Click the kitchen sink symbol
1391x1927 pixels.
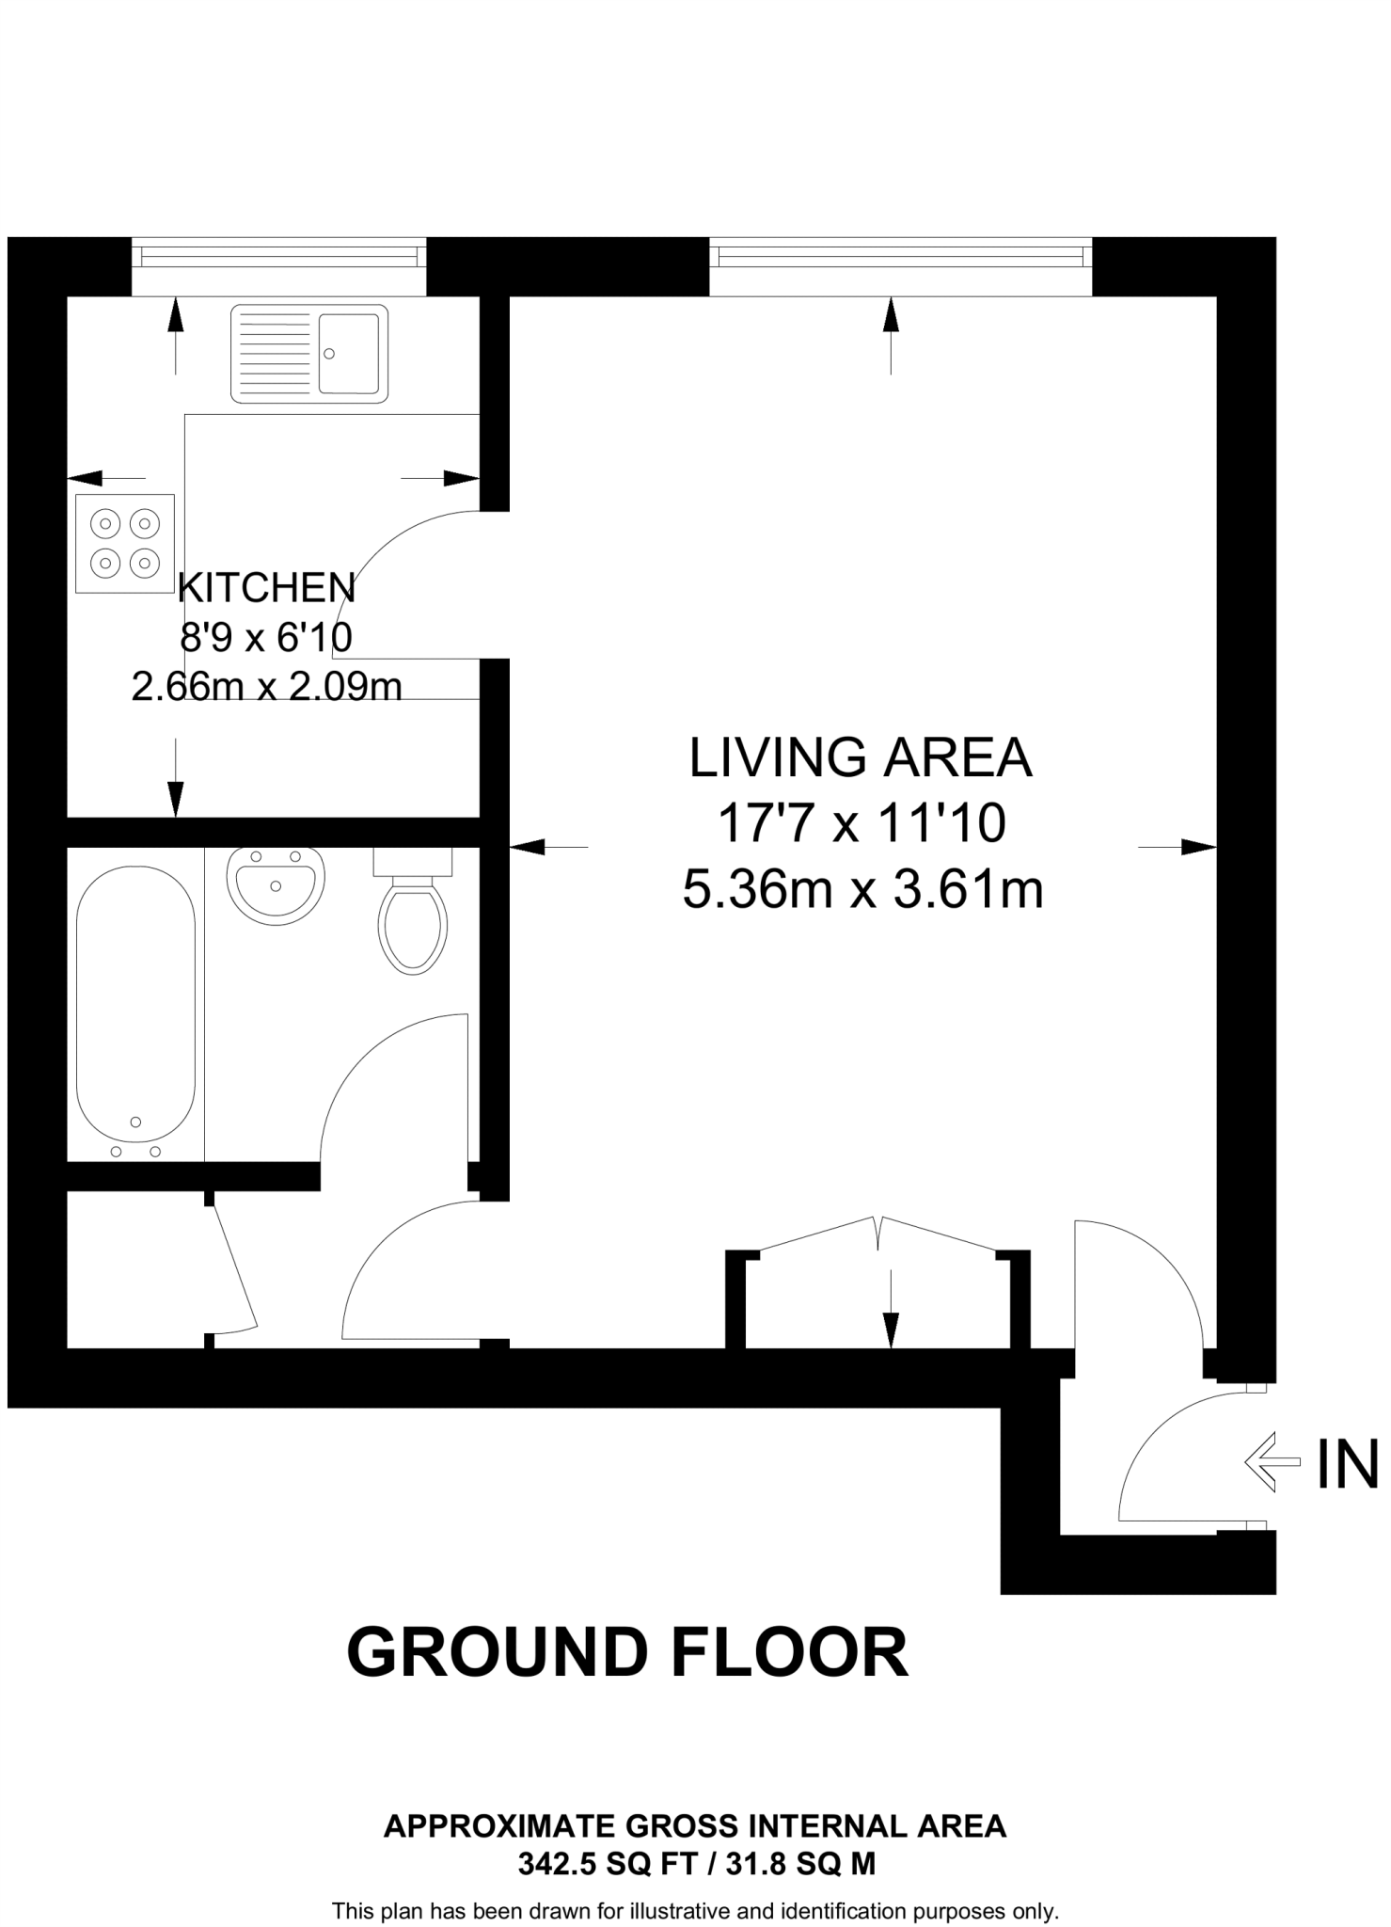[309, 354]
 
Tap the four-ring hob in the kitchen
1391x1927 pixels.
[125, 544]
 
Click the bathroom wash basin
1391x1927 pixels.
[276, 884]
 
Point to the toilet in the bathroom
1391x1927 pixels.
[412, 917]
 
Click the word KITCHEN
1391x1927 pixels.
[266, 589]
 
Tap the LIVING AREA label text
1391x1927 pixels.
[861, 758]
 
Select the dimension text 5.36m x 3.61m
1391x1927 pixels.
[862, 889]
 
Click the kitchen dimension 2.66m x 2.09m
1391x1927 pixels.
[266, 688]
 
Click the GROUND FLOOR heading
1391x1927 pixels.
[627, 1652]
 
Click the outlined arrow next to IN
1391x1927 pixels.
[1271, 1461]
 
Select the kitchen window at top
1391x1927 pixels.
[277, 254]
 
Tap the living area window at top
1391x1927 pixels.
[900, 255]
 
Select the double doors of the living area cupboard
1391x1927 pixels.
[877, 1233]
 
